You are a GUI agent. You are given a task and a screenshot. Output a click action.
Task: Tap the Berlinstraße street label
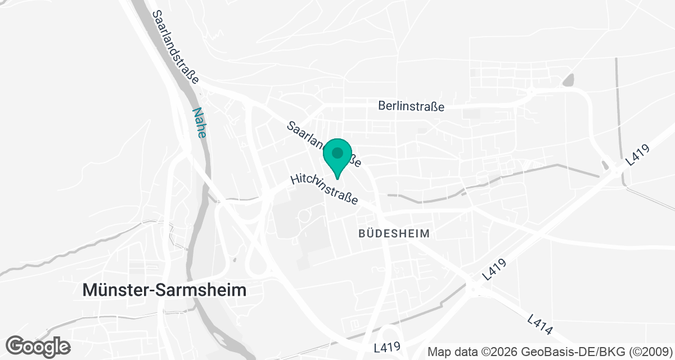tap(411, 106)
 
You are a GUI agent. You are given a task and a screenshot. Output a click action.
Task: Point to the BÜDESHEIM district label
tap(394, 233)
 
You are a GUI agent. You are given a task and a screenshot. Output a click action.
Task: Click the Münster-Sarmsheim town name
tap(164, 290)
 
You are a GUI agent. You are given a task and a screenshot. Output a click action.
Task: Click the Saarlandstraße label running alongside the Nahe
tap(175, 46)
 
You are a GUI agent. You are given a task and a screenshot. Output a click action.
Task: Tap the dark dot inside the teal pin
tap(337, 152)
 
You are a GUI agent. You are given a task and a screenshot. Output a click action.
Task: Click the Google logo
tap(38, 345)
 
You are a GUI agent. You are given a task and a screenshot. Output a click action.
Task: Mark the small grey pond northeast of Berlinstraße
tap(568, 80)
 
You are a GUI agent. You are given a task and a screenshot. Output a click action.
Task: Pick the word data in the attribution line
tap(464, 352)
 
